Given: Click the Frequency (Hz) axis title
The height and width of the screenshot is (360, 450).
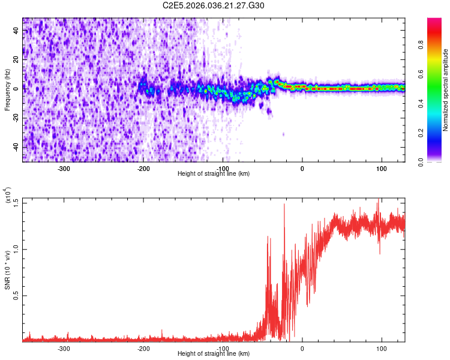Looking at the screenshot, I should tap(8, 90).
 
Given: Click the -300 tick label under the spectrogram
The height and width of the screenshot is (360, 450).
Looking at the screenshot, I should tap(64, 168).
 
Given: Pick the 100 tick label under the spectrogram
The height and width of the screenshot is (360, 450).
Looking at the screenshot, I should tap(381, 168).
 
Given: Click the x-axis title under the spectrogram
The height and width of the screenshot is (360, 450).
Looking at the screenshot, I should tap(214, 174).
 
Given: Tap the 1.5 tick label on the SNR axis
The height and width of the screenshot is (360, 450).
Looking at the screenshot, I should tap(15, 202).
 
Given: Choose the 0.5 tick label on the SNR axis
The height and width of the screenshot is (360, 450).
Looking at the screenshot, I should tap(15, 295).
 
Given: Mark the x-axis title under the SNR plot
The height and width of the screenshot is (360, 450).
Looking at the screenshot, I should tap(214, 355).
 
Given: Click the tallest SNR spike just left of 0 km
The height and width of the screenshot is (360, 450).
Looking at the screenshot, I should tap(284, 205).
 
